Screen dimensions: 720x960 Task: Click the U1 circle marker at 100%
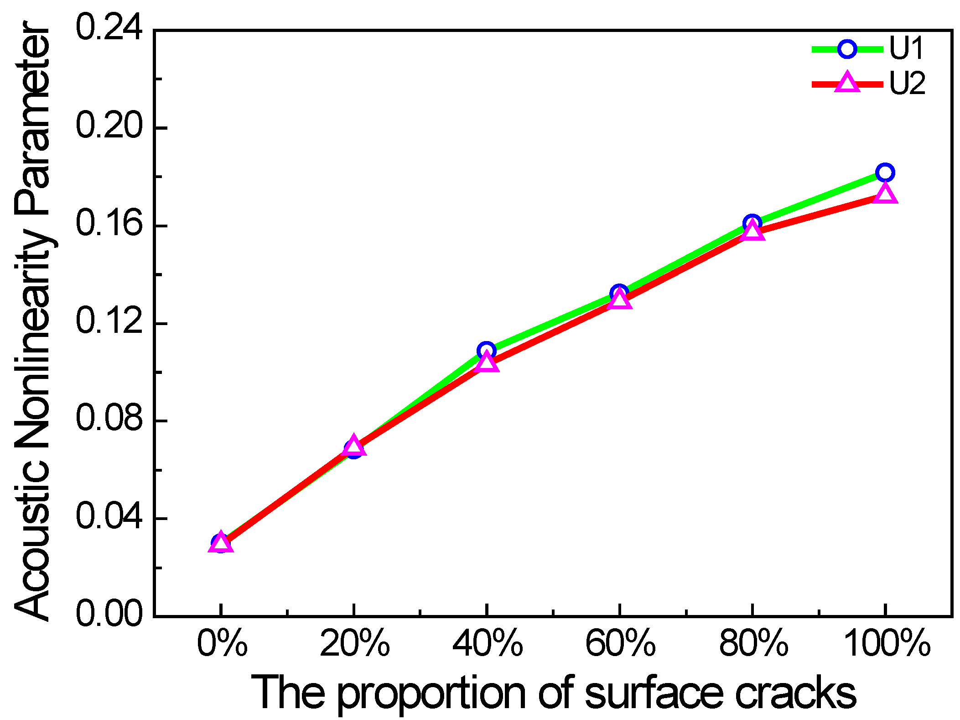(885, 173)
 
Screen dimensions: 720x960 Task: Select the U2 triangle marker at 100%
(885, 194)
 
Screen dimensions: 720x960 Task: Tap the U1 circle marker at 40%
(487, 351)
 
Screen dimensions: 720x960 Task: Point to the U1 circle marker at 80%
(752, 224)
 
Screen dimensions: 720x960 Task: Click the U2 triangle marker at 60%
(619, 300)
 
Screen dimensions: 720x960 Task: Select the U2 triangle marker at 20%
(354, 446)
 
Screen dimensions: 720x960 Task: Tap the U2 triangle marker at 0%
(221, 543)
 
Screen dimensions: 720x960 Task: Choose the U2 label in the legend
(907, 83)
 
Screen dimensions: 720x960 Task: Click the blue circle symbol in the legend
(847, 49)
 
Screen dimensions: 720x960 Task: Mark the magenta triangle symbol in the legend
(847, 83)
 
